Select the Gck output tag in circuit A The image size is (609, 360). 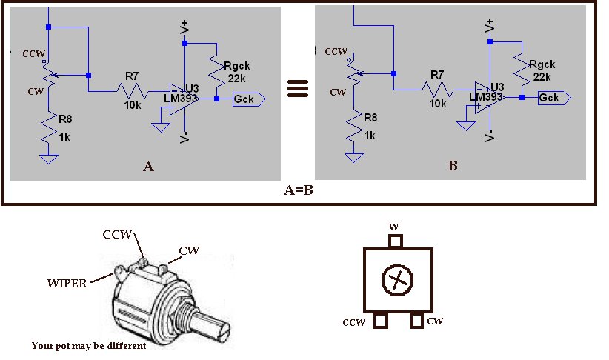[247, 98]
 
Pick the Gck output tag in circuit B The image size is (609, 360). [553, 98]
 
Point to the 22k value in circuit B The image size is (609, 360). [542, 76]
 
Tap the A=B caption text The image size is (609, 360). [299, 190]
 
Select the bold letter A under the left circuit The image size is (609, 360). [148, 167]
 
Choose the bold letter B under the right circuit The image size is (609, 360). [453, 166]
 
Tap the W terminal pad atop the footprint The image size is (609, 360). [396, 241]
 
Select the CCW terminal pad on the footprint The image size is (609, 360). [382, 321]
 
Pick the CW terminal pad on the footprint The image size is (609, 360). [417, 321]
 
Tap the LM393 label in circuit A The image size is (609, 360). [179, 97]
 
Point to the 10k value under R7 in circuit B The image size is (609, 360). [437, 104]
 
